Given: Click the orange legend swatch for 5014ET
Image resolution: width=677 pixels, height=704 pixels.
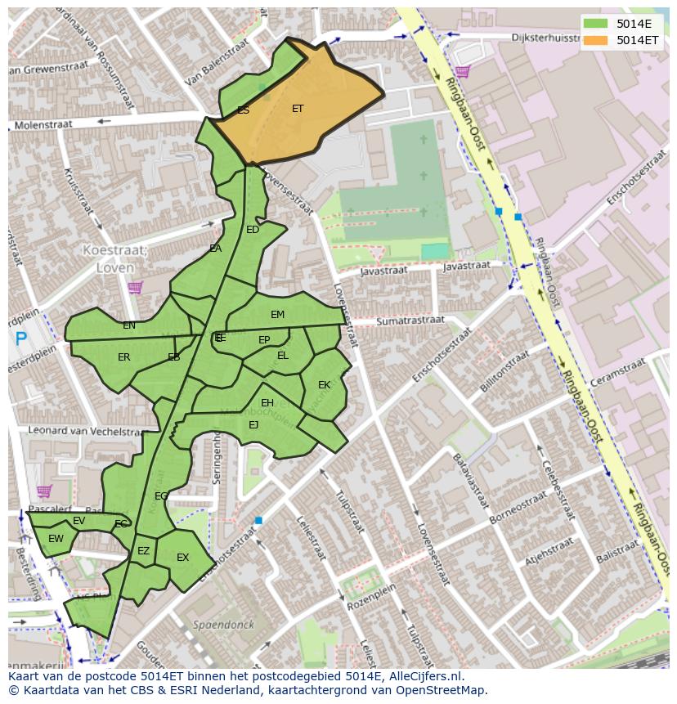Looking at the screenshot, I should click(594, 39).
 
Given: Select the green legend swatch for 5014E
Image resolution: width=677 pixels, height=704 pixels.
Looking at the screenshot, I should click(594, 23).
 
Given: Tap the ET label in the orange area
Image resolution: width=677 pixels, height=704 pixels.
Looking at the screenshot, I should click(298, 108).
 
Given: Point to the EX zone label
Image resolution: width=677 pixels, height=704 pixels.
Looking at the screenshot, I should click(182, 558).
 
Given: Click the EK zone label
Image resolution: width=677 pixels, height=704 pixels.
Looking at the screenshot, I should click(324, 384).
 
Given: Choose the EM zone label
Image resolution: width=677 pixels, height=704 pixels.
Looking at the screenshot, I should click(277, 315).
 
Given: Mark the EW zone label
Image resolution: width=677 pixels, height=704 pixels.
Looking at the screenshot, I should click(56, 539).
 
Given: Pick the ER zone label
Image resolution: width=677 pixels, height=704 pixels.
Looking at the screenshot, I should click(123, 357).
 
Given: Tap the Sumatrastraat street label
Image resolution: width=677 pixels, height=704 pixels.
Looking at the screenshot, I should click(410, 321).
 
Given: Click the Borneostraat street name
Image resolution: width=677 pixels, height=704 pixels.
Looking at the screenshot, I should click(518, 509).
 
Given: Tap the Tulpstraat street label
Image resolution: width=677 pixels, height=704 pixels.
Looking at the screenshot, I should click(349, 512).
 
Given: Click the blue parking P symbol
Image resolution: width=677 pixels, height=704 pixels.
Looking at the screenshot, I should click(20, 338).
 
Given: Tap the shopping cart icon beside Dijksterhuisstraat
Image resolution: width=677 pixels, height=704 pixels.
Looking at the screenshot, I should click(463, 72).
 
